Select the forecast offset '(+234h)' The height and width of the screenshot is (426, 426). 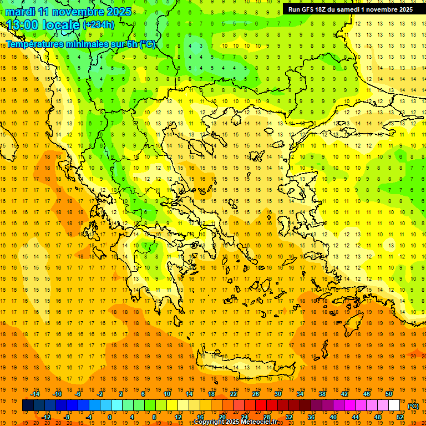pos(98,25)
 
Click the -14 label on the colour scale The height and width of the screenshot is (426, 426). pos(35,394)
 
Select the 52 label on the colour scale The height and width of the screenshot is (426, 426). pos(400,417)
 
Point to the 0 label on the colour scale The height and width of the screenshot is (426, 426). pos(110,417)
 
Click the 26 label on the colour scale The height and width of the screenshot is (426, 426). pos(256,394)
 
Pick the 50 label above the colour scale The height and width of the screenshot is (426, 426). pos(388,394)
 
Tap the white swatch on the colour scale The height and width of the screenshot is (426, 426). pos(394,405)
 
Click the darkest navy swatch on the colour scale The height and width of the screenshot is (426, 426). pos(28,405)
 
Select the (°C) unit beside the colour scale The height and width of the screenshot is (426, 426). pos(413,405)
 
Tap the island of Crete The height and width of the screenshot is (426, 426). pos(250,366)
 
